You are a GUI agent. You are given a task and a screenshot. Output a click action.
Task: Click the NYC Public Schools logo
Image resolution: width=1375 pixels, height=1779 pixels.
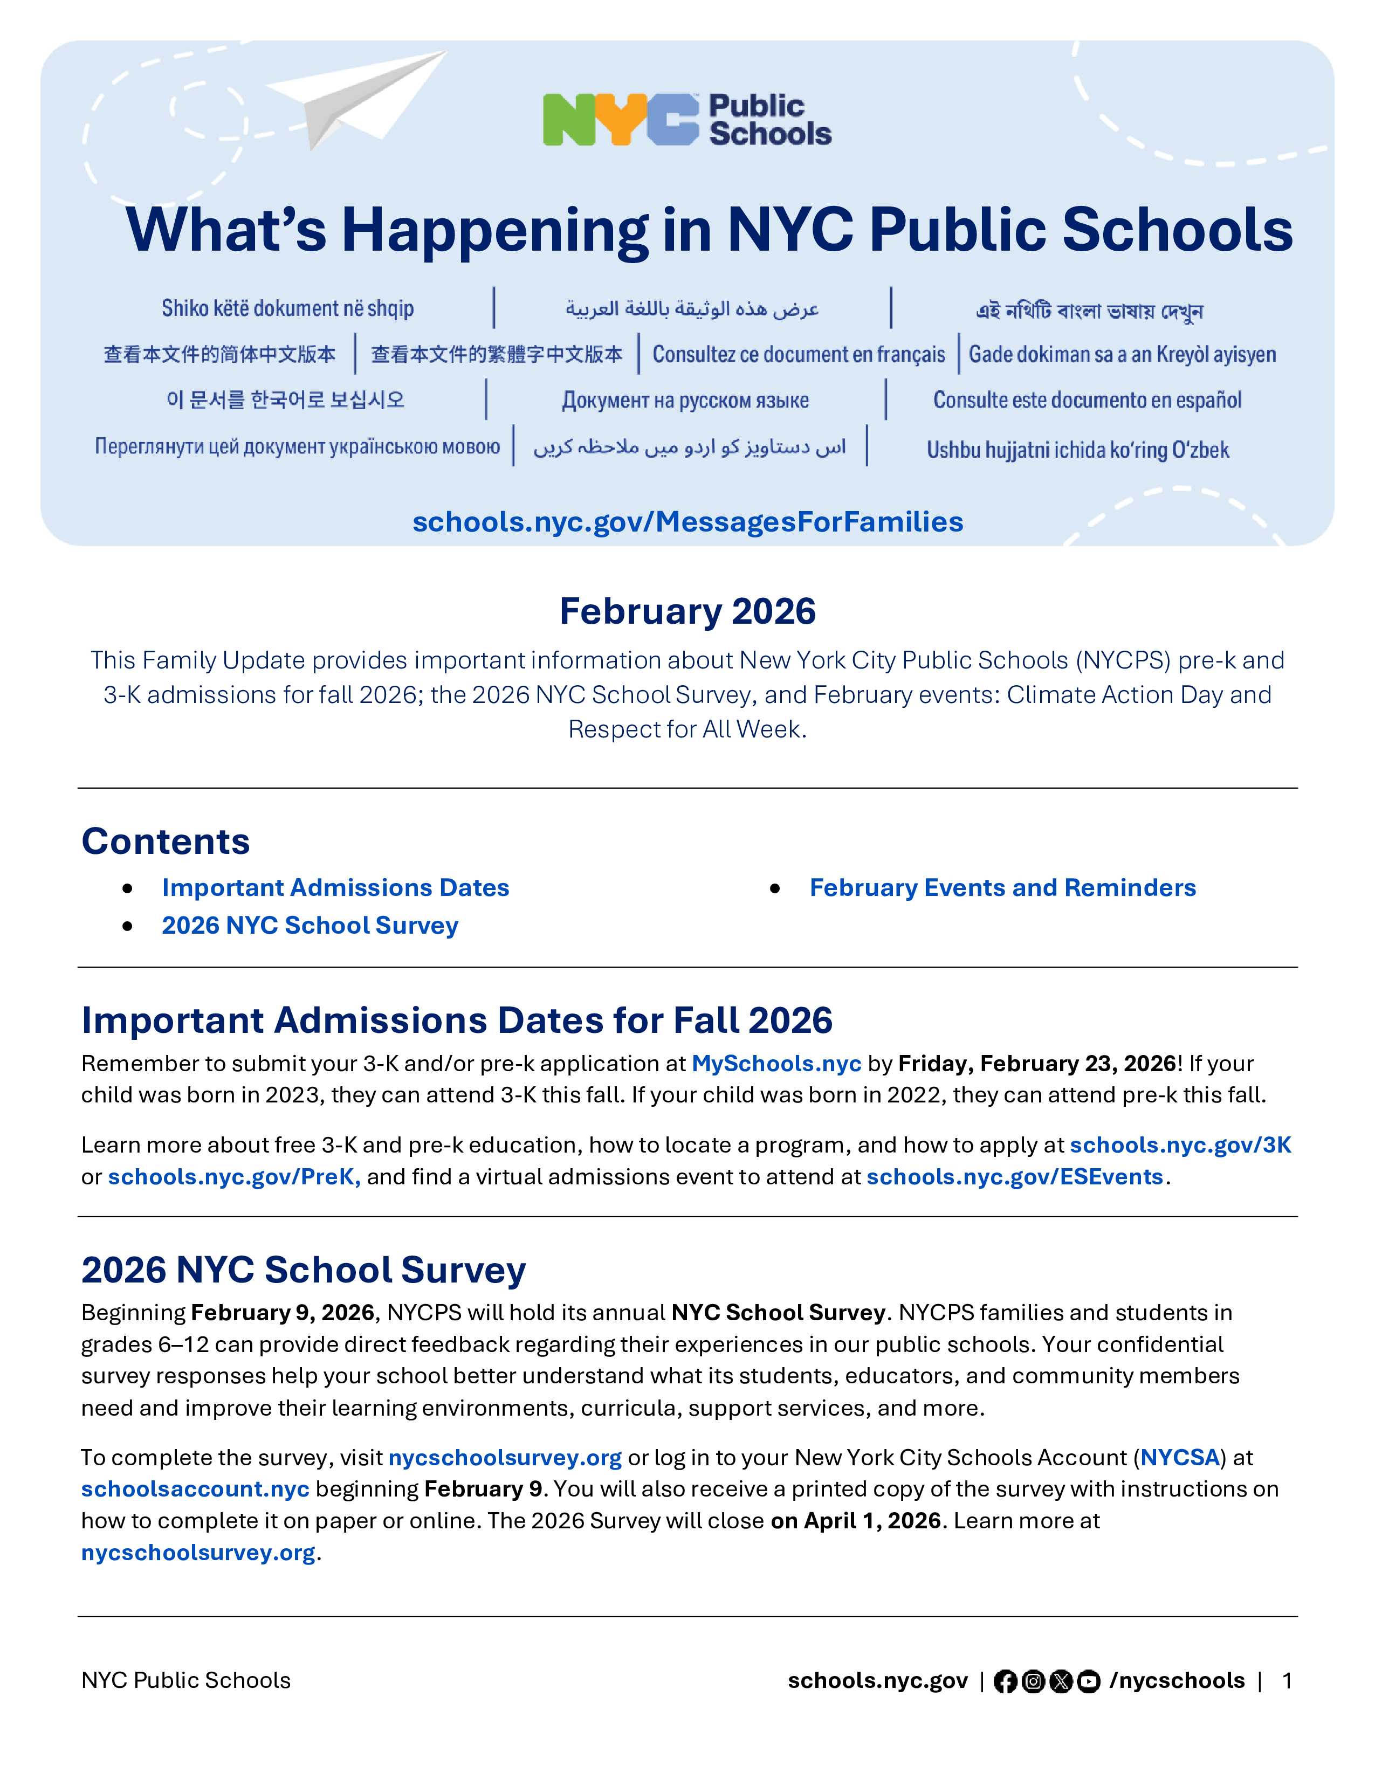[686, 120]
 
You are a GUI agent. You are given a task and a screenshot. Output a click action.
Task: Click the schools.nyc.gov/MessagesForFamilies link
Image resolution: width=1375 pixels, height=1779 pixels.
[687, 522]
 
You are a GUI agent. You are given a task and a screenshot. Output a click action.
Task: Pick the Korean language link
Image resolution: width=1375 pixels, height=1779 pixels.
[285, 400]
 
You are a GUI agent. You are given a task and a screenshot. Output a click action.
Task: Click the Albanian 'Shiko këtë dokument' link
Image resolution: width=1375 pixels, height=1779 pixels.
[287, 309]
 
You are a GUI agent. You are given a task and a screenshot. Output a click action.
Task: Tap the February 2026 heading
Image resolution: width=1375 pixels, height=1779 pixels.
[687, 611]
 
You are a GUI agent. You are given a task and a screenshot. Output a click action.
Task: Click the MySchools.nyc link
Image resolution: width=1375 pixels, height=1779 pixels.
[776, 1064]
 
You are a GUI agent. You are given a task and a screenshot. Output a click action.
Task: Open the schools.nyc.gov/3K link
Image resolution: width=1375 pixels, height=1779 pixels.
[1180, 1145]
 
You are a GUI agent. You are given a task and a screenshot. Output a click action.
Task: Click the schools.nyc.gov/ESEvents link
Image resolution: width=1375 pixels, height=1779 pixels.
[1015, 1177]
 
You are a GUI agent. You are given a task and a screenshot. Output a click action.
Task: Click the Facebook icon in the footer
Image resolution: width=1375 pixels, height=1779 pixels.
[1005, 1681]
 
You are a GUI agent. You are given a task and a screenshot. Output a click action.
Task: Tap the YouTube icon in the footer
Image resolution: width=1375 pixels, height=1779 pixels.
[1088, 1681]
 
